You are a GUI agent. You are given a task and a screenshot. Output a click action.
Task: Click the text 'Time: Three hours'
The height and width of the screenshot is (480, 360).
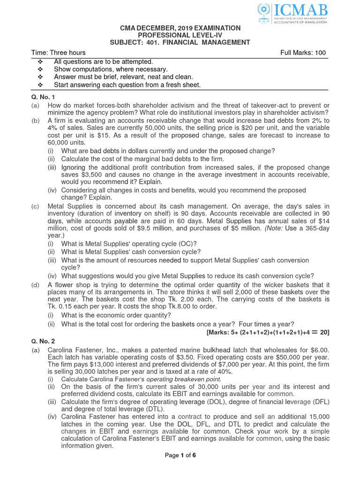pos(58,52)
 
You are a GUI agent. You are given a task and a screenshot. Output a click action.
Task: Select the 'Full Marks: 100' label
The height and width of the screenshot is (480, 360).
pos(303,52)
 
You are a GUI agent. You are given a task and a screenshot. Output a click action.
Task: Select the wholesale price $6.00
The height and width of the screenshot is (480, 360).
pos(319,349)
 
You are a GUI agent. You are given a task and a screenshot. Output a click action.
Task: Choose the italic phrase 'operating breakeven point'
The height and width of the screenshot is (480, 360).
pos(183,379)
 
